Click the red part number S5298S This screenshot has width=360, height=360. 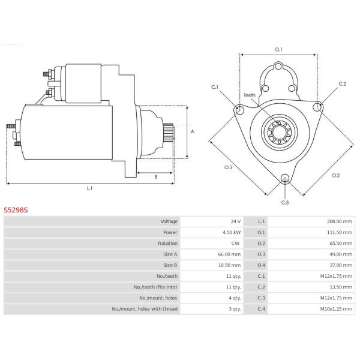[16, 210]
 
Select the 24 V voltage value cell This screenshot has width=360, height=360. [236, 221]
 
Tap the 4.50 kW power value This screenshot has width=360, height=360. [232, 232]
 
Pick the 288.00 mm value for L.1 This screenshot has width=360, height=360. [340, 221]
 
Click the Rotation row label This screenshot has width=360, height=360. [167, 243]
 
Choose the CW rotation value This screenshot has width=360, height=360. [235, 243]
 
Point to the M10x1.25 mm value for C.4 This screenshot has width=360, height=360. [336, 309]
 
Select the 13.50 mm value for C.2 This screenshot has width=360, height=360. [341, 287]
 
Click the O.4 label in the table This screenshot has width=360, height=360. [261, 265]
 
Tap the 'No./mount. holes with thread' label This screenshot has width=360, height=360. [145, 309]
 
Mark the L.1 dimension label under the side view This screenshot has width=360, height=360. [89, 188]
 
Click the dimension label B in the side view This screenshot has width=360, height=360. [156, 177]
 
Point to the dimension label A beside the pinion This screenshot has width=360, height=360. [193, 131]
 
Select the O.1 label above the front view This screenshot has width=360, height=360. [278, 49]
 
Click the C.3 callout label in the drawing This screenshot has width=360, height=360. [285, 203]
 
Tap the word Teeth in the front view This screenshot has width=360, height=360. [250, 95]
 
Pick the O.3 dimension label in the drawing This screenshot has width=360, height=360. [228, 167]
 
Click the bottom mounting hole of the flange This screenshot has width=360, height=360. [285, 178]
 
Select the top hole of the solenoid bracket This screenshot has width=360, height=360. [278, 67]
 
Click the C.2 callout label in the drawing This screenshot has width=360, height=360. [343, 84]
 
